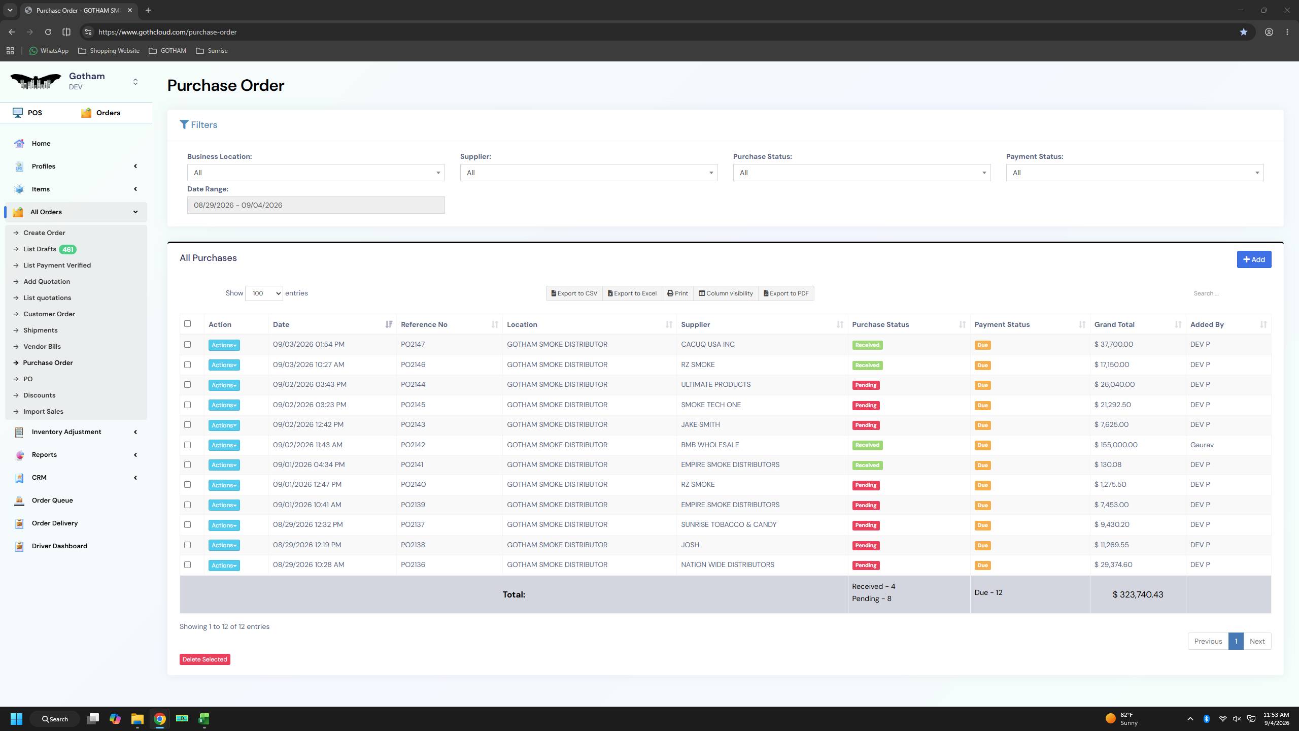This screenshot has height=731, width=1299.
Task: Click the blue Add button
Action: (1254, 259)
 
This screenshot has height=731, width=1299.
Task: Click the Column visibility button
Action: (726, 293)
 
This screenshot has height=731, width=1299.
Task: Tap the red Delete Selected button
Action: (204, 659)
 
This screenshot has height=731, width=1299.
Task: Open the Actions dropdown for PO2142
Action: (224, 445)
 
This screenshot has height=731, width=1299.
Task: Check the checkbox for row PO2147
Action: (188, 344)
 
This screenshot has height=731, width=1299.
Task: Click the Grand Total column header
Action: (1114, 324)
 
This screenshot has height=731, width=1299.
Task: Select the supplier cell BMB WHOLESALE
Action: (710, 445)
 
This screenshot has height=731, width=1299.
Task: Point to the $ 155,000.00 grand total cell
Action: (1116, 445)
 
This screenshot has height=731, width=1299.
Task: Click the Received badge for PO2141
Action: (867, 465)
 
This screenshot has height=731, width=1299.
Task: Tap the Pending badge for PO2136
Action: (866, 565)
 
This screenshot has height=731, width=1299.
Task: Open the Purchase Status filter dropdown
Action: (862, 173)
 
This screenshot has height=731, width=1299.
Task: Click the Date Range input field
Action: (316, 205)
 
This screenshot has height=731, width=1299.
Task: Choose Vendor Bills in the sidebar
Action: (42, 346)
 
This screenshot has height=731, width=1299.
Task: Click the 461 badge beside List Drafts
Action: (67, 249)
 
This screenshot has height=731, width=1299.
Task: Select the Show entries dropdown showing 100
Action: (264, 293)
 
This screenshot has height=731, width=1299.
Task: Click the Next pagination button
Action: (1257, 641)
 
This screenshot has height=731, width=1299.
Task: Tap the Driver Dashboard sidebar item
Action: (59, 546)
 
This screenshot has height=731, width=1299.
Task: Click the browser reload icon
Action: (48, 32)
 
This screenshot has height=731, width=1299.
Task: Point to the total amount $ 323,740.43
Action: (1138, 594)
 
